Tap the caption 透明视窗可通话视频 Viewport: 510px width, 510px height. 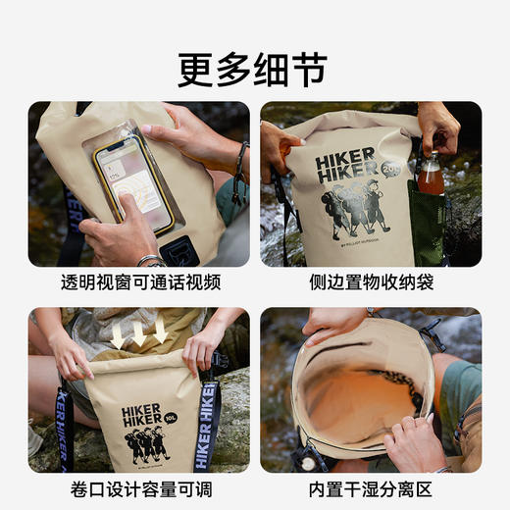pyautogui.click(x=139, y=283)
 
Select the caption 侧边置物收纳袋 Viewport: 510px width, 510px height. pyautogui.click(x=370, y=283)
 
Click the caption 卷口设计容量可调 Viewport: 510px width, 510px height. pyautogui.click(x=139, y=487)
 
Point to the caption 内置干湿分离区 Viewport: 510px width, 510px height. pyautogui.click(x=370, y=487)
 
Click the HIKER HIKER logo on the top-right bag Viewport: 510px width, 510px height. pyautogui.click(x=346, y=163)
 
